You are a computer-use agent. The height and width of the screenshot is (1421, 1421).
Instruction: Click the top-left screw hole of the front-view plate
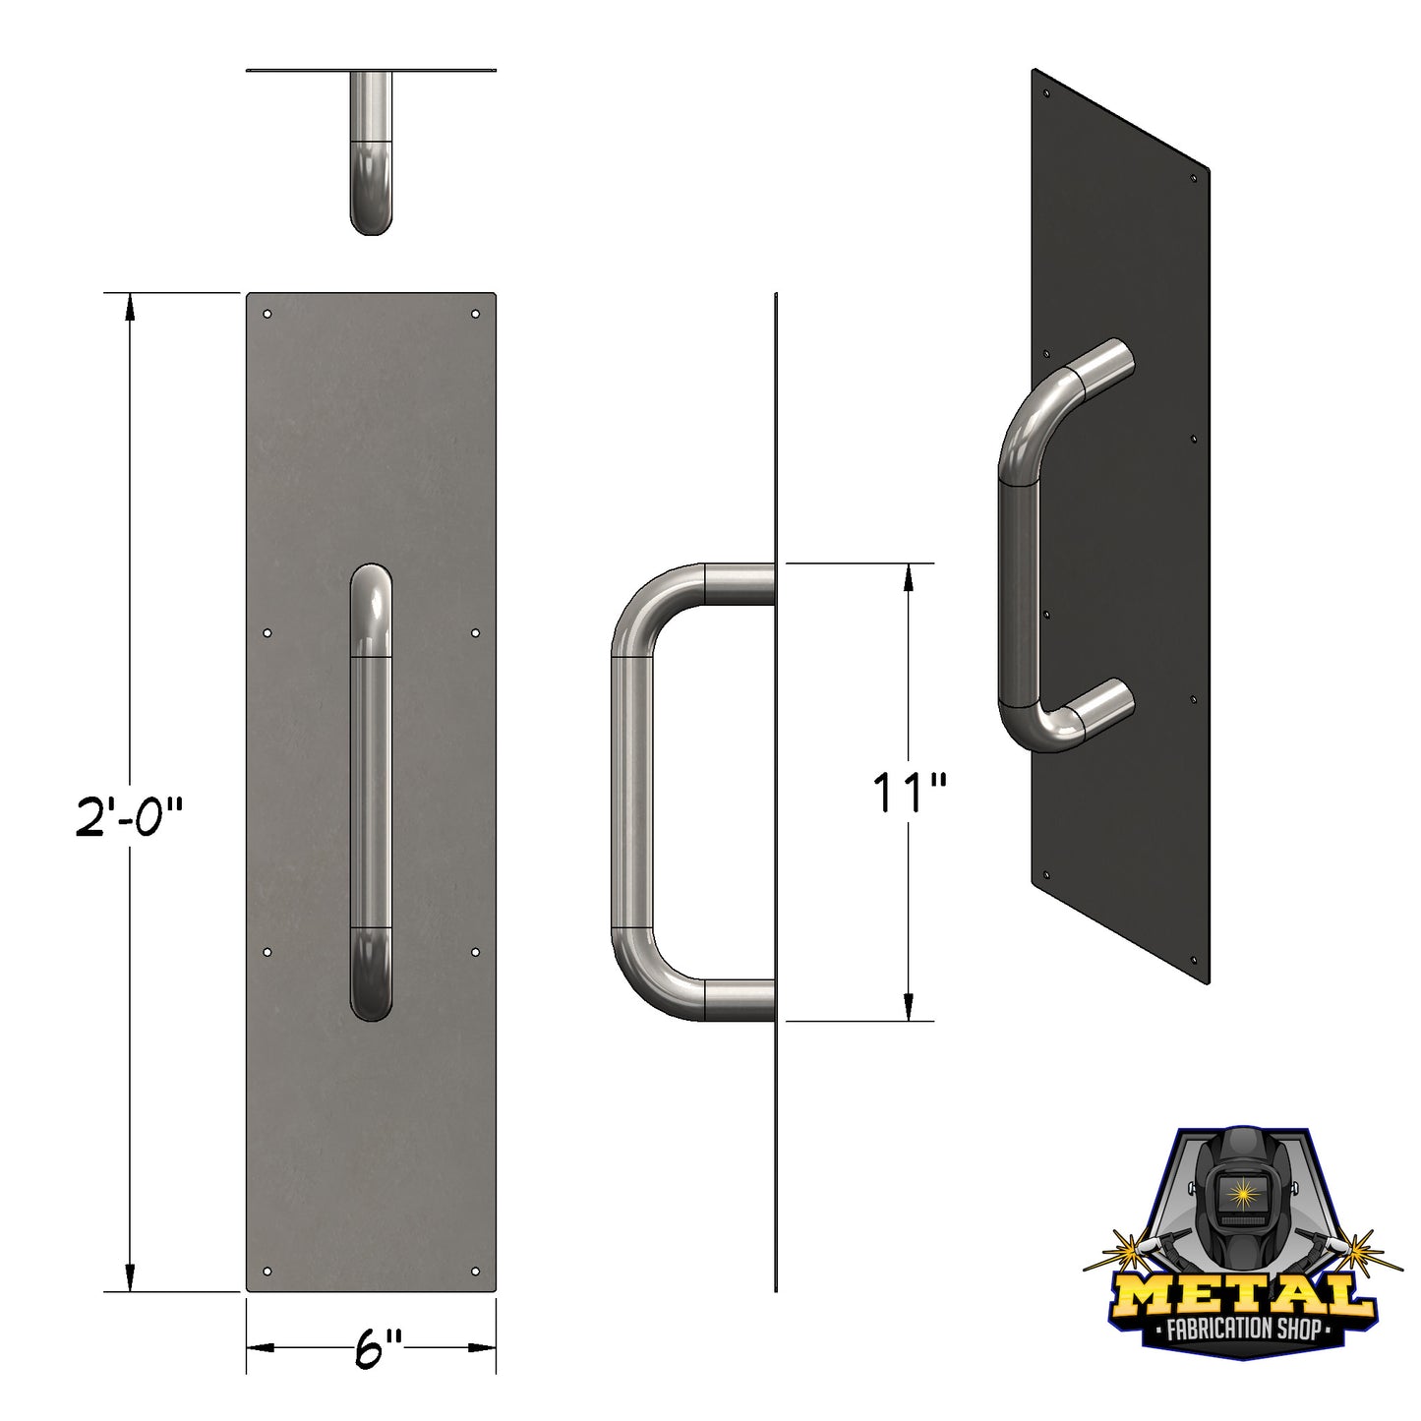(x=267, y=315)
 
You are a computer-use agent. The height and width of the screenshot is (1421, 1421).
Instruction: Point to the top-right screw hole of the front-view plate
(x=476, y=315)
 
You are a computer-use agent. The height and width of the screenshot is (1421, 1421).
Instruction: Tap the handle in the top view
(x=371, y=157)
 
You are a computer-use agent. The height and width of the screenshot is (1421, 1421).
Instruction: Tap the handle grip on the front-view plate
(x=371, y=787)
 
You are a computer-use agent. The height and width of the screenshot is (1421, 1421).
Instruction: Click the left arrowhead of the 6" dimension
(x=258, y=1348)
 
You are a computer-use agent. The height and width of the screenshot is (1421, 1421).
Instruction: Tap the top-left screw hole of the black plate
(x=1047, y=95)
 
